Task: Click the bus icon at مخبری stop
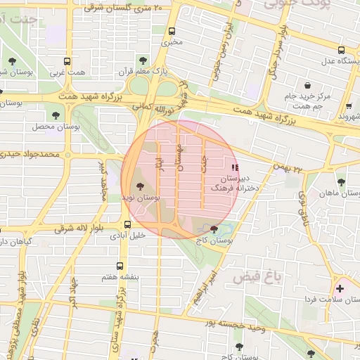point(172,31)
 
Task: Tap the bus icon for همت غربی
point(67,61)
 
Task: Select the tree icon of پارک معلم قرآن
point(143,60)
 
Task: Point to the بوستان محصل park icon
point(56,115)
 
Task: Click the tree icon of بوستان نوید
point(138,186)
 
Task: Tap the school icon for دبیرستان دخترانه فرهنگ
point(235,167)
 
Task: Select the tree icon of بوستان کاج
point(214,229)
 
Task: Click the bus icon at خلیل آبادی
point(127,224)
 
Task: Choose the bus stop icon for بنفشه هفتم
point(120,266)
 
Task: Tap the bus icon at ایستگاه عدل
point(341,50)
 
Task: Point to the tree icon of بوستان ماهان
point(341,182)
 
